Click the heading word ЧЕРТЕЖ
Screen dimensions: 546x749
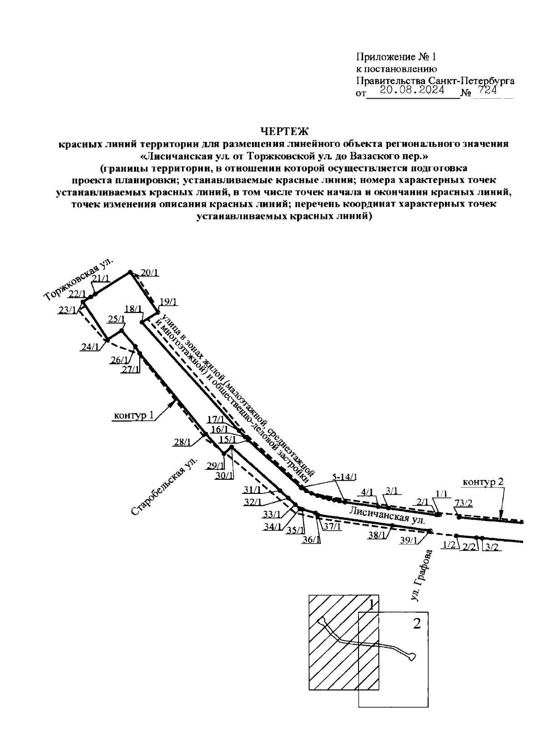pyautogui.click(x=284, y=132)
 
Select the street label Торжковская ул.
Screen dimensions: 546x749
pyautogui.click(x=79, y=282)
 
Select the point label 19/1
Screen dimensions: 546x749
pyautogui.click(x=169, y=301)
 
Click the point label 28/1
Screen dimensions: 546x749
pyautogui.click(x=182, y=441)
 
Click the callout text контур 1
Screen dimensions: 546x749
pyautogui.click(x=134, y=415)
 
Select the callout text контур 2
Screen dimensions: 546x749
pyautogui.click(x=483, y=482)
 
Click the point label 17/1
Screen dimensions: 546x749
pyautogui.click(x=216, y=419)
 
